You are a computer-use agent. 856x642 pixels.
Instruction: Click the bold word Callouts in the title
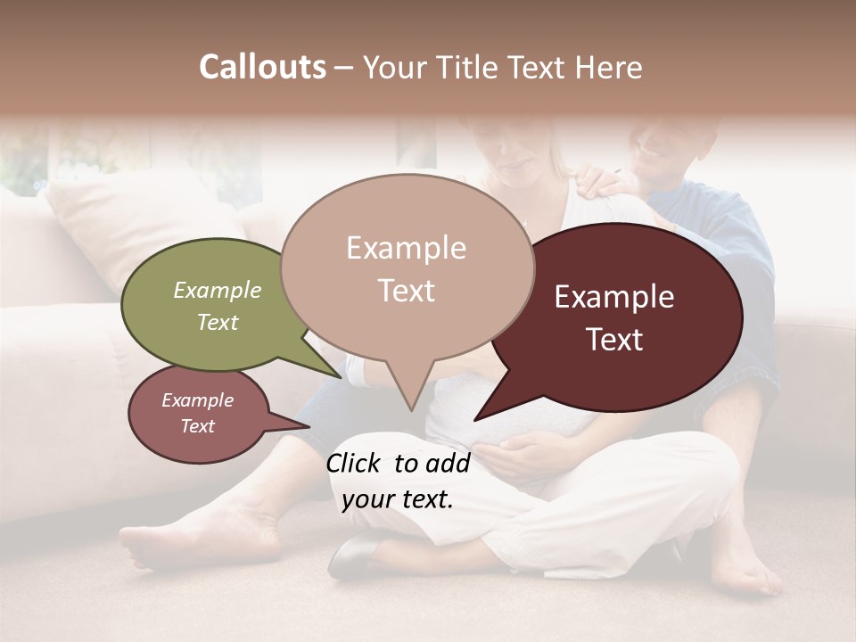pyautogui.click(x=262, y=68)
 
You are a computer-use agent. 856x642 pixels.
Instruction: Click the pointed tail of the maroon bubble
pyautogui.click(x=478, y=417)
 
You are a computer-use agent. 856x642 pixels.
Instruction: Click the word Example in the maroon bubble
pyautogui.click(x=614, y=297)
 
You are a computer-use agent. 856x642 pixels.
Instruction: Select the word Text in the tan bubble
pyautogui.click(x=407, y=291)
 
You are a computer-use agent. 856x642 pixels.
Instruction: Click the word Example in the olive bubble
pyautogui.click(x=218, y=291)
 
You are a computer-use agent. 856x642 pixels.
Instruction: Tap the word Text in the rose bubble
pyautogui.click(x=198, y=426)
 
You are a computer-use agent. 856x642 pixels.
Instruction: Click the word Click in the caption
pyautogui.click(x=355, y=463)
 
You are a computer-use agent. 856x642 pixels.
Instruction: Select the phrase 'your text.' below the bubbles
pyautogui.click(x=398, y=499)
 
